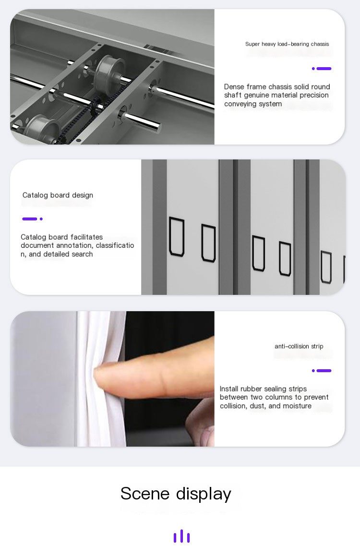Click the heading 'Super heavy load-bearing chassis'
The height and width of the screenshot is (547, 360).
(287, 44)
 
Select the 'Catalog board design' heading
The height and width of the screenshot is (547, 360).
(58, 195)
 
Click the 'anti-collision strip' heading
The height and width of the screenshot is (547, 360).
(299, 346)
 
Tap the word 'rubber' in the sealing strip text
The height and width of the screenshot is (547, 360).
(250, 389)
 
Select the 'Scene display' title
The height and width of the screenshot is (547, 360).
(176, 494)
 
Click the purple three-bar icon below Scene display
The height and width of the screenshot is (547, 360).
(182, 536)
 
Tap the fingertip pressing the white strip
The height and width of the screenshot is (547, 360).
(105, 377)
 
